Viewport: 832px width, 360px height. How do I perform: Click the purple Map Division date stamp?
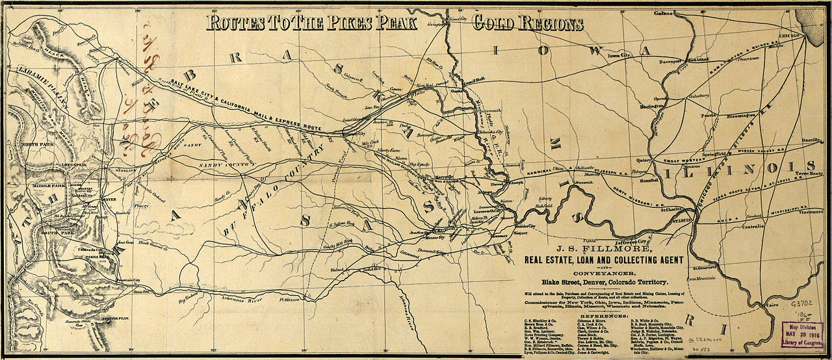coord(805,333)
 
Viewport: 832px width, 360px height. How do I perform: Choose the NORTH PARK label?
coord(37,144)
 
